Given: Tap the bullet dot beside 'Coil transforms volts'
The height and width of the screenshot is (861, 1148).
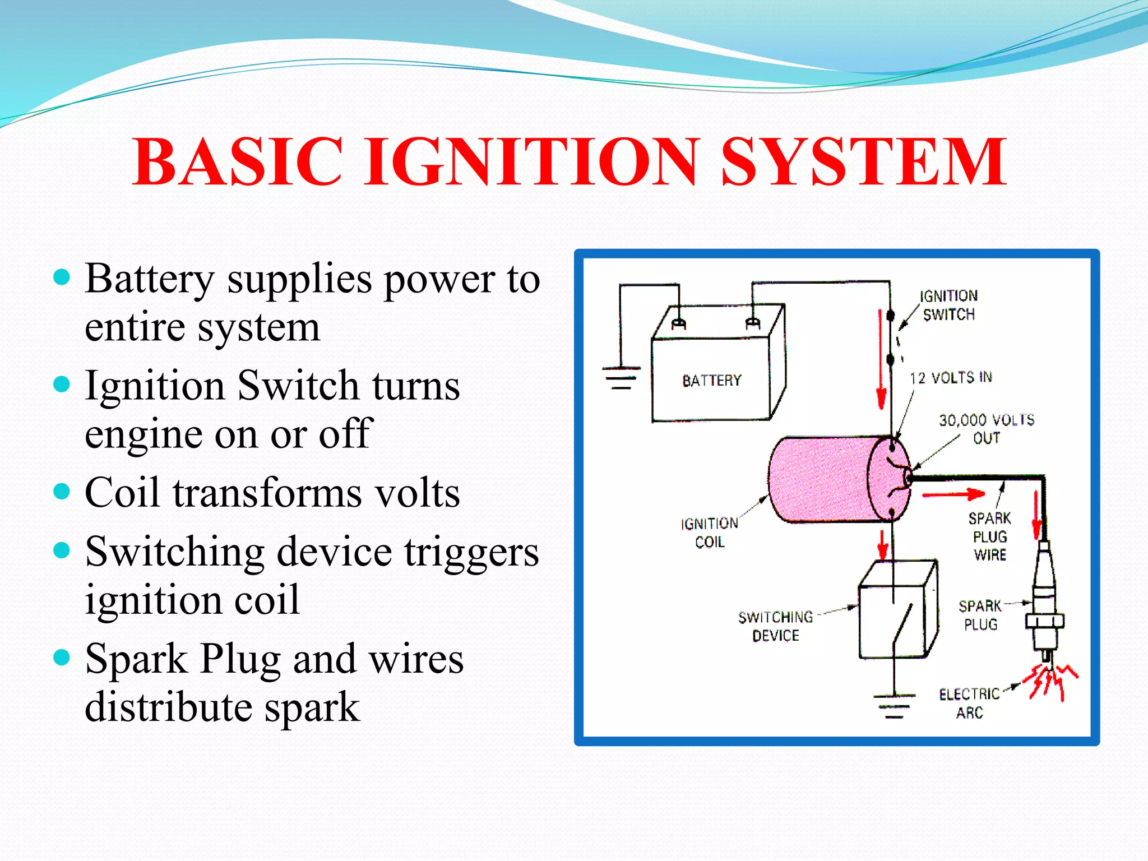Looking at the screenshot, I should click(x=62, y=492).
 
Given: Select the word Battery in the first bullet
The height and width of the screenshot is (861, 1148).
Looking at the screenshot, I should click(x=150, y=279).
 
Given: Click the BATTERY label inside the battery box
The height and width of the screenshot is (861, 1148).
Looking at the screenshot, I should click(x=711, y=381).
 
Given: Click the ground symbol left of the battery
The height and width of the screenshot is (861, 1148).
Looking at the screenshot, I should click(x=621, y=377).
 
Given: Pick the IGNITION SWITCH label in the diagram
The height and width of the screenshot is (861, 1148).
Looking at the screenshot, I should click(x=948, y=305).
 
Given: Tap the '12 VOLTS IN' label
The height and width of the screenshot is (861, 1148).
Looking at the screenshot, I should click(x=951, y=378).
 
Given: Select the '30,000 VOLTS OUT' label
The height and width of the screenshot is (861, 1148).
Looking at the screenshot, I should click(x=987, y=428).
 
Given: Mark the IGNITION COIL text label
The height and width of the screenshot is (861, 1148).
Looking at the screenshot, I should click(x=710, y=533).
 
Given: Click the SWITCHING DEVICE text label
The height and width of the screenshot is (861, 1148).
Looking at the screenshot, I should click(x=776, y=626).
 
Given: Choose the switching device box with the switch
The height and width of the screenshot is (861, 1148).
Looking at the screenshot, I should click(x=897, y=611).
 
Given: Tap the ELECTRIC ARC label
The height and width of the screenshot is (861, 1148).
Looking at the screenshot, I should click(x=970, y=703).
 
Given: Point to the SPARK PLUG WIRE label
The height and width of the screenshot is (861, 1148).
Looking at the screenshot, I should click(x=990, y=536).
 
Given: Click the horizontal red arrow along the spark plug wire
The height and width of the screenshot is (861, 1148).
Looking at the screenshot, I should click(x=953, y=494).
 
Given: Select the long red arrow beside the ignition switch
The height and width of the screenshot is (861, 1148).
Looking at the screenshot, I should click(x=881, y=359).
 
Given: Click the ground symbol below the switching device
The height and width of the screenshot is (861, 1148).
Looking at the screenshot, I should click(x=894, y=706).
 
